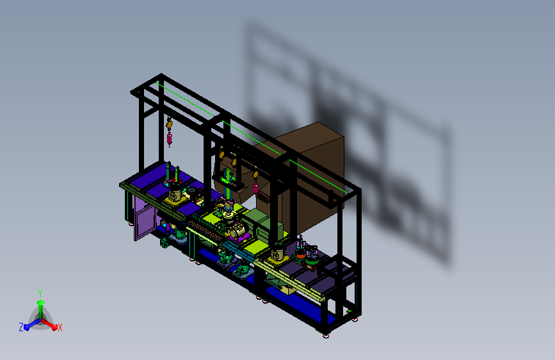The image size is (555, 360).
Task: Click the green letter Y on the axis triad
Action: coord(40,293)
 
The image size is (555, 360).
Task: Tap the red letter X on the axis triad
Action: coord(60,327)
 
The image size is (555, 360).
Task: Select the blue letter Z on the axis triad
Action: coord(21,327)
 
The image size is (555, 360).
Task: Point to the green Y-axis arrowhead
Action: coord(41,303)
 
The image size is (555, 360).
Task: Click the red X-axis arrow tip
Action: coord(54,327)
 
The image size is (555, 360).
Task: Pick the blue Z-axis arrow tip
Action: coord(27,327)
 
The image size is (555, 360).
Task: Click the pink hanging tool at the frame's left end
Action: coord(170,138)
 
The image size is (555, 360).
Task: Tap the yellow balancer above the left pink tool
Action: coord(169,124)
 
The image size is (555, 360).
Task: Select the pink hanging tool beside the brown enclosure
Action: coord(255,188)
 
